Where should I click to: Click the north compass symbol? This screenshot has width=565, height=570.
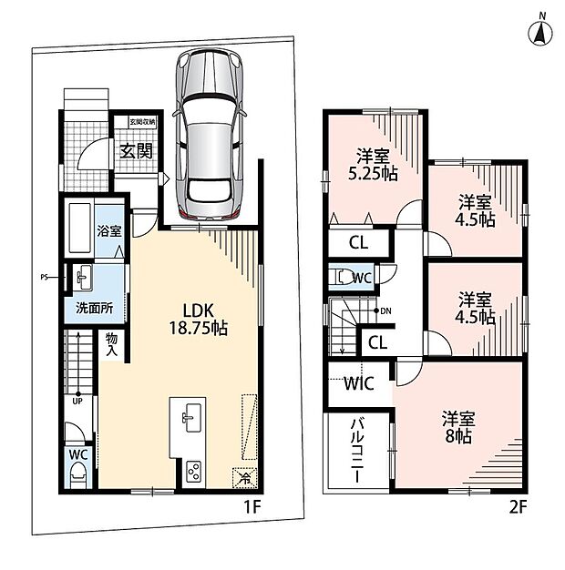[x=539, y=31]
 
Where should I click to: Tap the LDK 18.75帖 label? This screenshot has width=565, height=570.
[x=199, y=320]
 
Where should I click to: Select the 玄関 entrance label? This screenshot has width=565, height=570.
[x=137, y=151]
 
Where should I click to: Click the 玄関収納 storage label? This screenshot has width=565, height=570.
[x=143, y=122]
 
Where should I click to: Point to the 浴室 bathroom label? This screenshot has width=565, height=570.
[x=109, y=231]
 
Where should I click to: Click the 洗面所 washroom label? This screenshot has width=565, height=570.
[x=94, y=309]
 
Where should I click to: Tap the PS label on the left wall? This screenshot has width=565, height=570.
[x=44, y=278]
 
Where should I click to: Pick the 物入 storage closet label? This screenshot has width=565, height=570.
[x=112, y=344]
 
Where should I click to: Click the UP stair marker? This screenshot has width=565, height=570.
[x=77, y=402]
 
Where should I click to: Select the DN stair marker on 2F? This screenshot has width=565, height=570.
[x=385, y=311]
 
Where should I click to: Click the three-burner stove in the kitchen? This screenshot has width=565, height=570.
[x=193, y=472]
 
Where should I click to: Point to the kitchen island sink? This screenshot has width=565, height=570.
[x=191, y=418]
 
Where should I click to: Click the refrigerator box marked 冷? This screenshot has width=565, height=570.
[x=245, y=478]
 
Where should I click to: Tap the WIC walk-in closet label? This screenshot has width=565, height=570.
[x=359, y=383]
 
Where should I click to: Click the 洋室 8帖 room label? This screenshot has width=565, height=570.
[x=458, y=427]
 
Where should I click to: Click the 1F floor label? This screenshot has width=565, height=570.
[x=252, y=507]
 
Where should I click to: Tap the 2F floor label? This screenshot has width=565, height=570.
[x=518, y=507]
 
